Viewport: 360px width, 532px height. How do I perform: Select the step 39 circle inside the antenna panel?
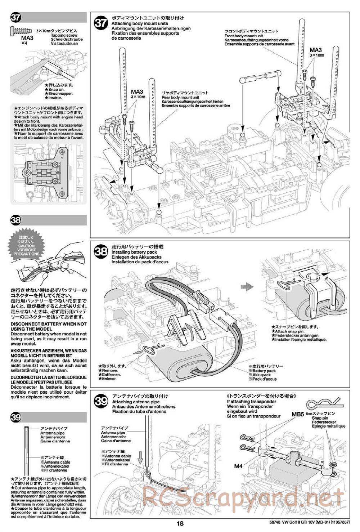pyautogui.click(x=100, y=401)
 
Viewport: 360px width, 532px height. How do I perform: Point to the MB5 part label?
pyautogui.click(x=298, y=414)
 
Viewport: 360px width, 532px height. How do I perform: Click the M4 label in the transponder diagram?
pyautogui.click(x=238, y=466)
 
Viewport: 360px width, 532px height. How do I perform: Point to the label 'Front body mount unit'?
pyautogui.click(x=243, y=36)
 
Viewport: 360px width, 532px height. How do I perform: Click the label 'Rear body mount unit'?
pyautogui.click(x=180, y=97)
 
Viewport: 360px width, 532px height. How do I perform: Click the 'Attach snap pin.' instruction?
pyautogui.click(x=289, y=331)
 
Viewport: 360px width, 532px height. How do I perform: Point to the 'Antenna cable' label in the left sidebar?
pyautogui.click(x=57, y=462)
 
